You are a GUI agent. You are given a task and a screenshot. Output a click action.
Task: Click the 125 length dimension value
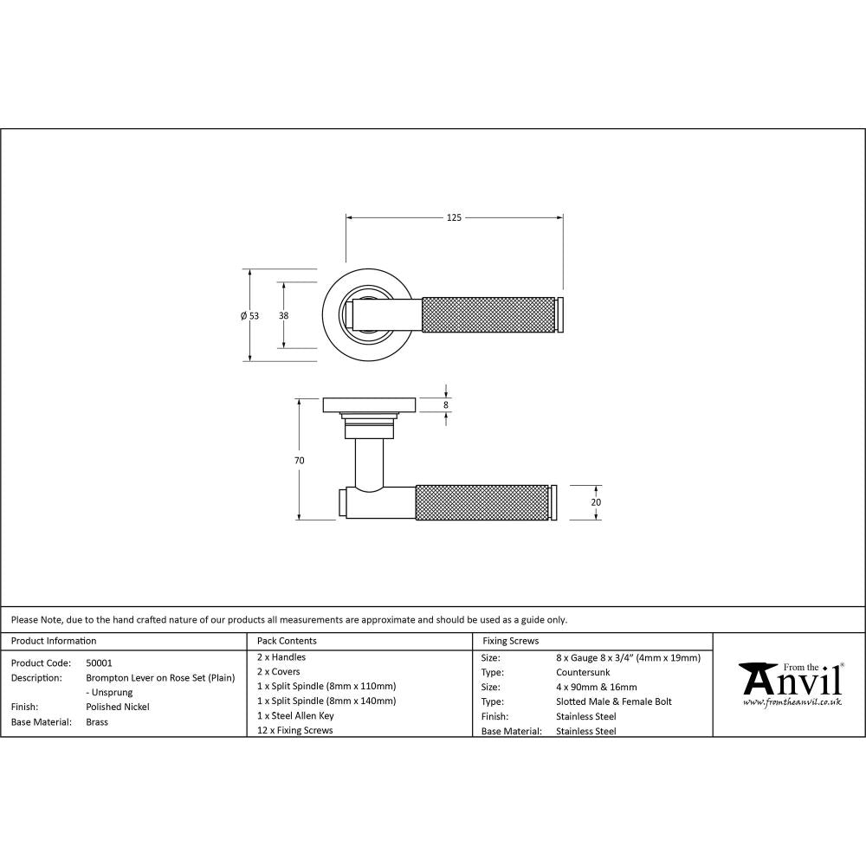tap(454, 217)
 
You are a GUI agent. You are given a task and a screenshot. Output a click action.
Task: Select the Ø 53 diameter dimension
tap(249, 316)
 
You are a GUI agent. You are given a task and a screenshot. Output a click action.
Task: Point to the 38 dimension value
tap(284, 316)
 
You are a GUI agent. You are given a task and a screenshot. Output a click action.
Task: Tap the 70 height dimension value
tap(299, 461)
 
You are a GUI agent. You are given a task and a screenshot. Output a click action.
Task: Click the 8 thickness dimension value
tap(446, 404)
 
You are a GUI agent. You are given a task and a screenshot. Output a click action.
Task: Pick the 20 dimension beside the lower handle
tap(596, 502)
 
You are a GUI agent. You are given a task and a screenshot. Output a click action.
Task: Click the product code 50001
tap(100, 662)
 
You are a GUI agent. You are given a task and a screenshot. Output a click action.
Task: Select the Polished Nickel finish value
tap(118, 707)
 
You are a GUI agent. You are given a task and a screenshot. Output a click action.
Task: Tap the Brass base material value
tap(97, 721)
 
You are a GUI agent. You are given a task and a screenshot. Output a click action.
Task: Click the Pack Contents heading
tap(287, 641)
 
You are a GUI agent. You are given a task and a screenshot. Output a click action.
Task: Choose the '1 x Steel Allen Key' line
tap(295, 715)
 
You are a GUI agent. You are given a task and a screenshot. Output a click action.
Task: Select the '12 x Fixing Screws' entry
tap(295, 730)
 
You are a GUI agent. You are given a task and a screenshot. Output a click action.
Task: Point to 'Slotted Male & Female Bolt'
tap(613, 701)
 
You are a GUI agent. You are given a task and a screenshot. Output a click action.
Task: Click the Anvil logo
tap(790, 680)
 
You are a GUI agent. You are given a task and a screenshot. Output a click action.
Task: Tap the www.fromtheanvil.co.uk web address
tap(792, 703)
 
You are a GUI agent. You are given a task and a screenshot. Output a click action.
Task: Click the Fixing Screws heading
tap(510, 641)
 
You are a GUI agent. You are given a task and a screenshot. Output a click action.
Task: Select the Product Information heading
tap(54, 641)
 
